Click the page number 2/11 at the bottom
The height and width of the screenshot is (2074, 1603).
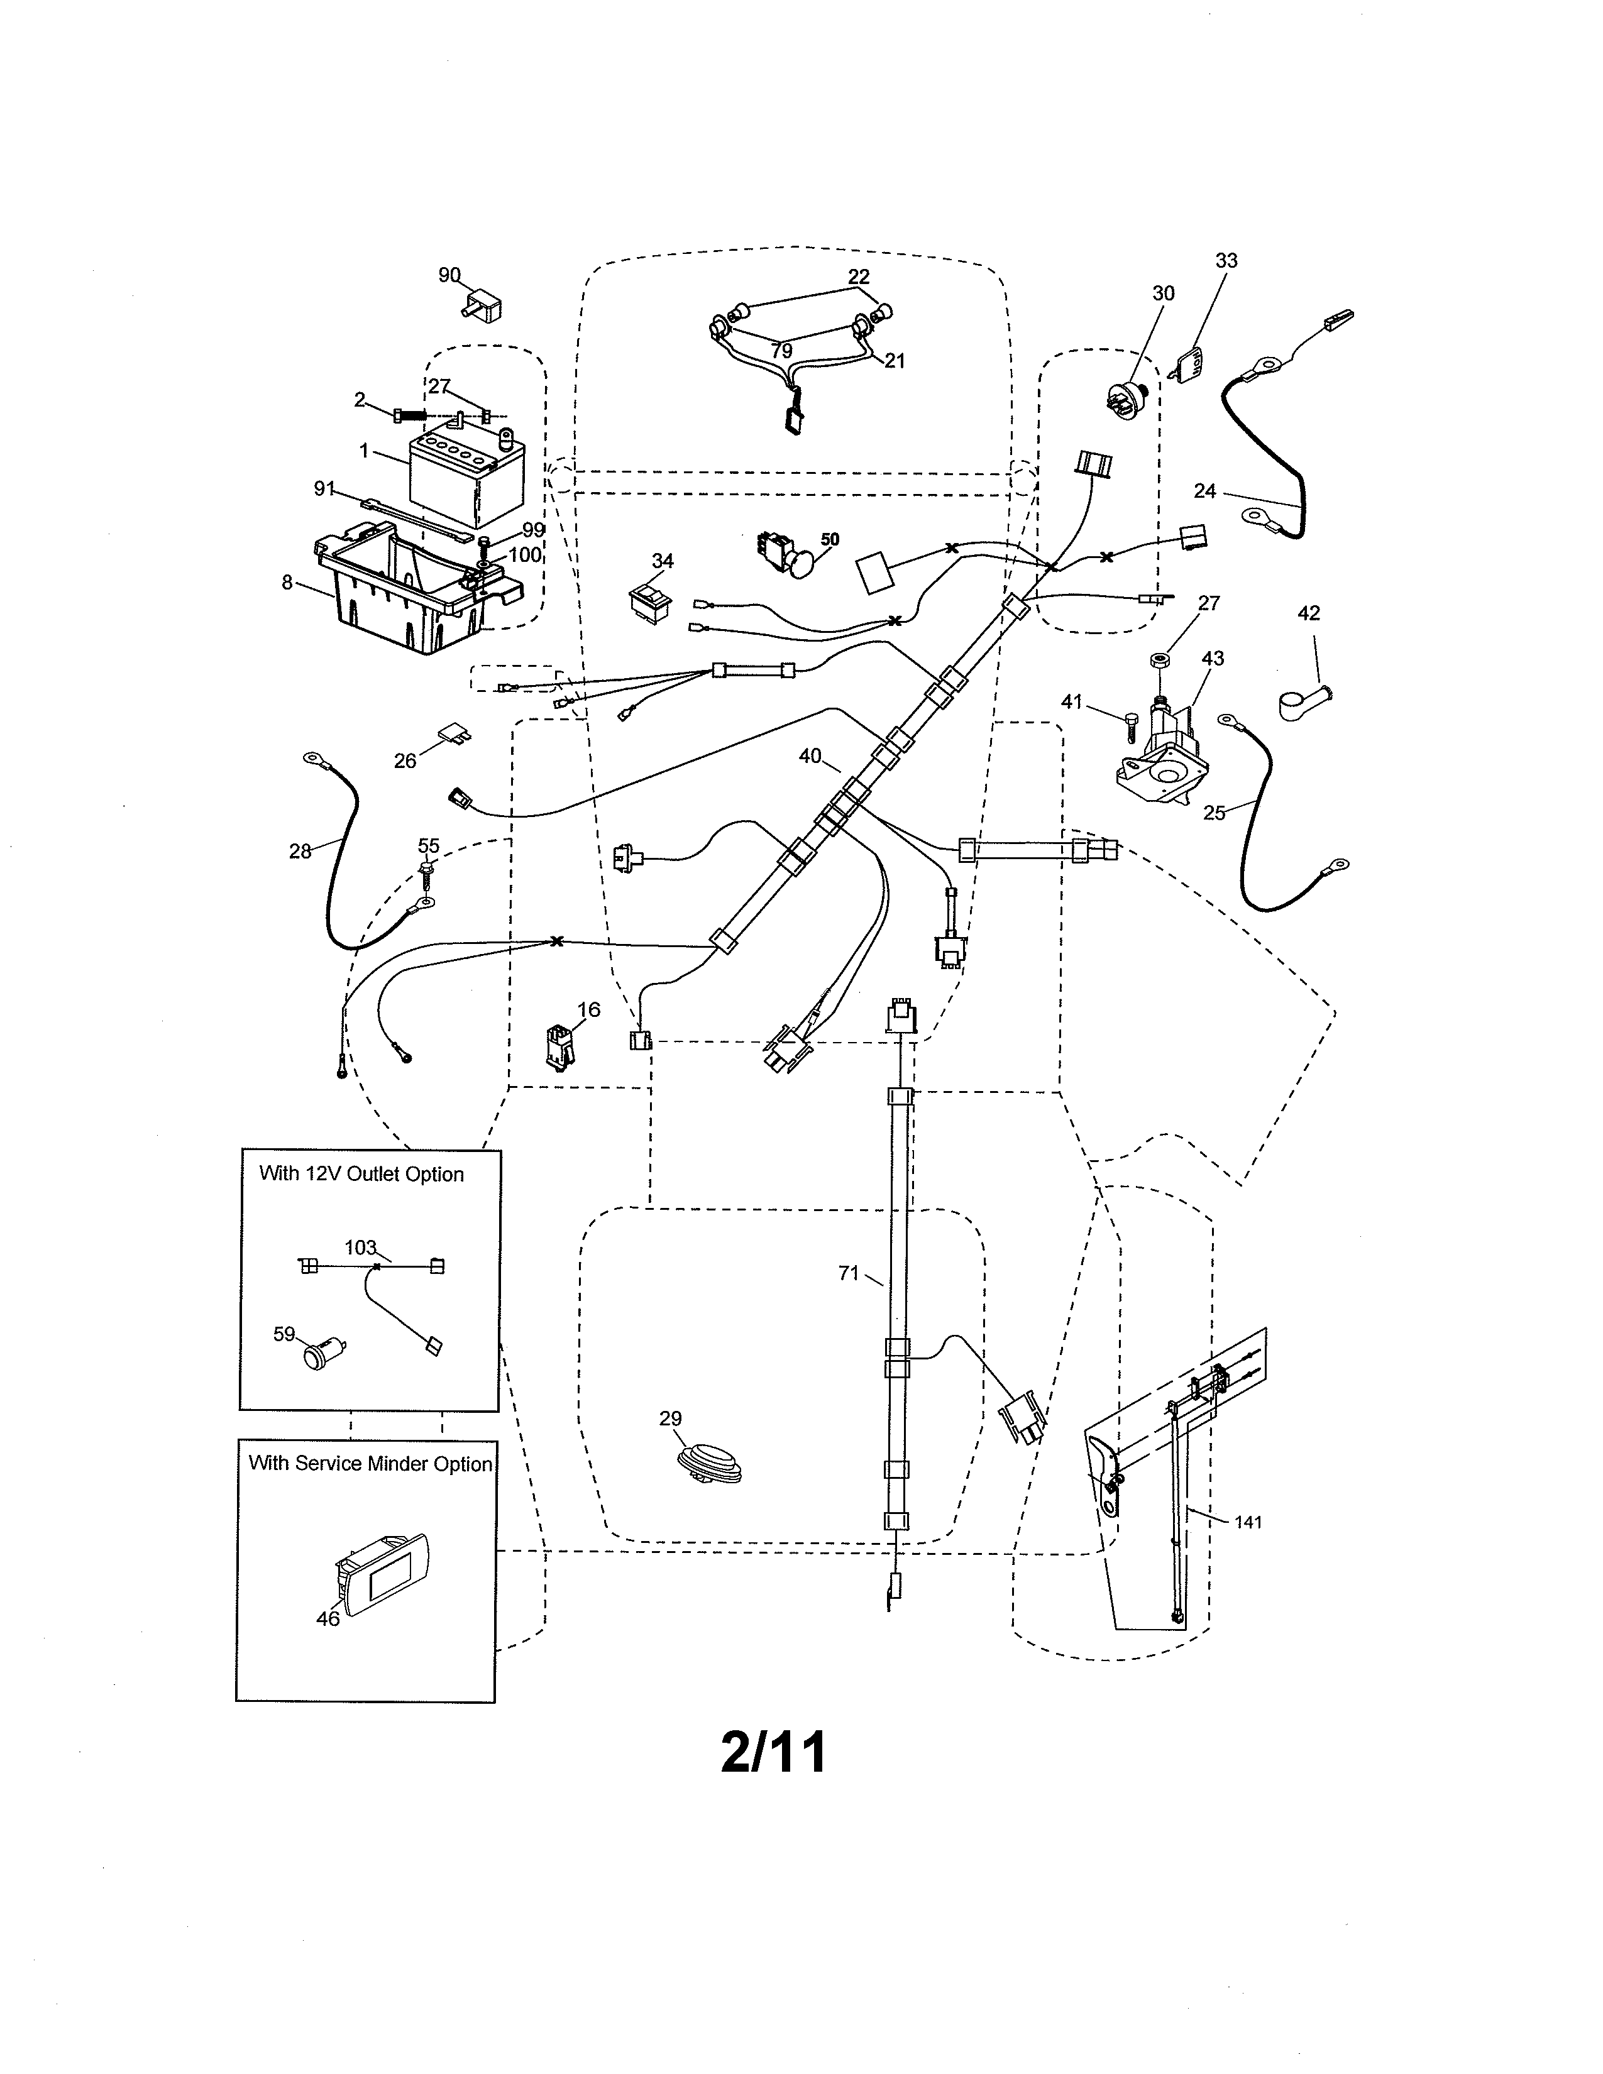point(773,1752)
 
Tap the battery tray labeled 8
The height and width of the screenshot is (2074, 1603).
point(409,593)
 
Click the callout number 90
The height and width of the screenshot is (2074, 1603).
point(449,275)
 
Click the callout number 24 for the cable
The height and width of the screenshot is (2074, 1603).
point(1204,491)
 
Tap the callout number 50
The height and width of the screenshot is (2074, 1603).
point(829,539)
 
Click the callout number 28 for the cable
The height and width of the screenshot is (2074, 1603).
point(300,852)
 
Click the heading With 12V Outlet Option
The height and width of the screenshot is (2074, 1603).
point(361,1174)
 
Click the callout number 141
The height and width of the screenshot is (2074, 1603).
point(1248,1522)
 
